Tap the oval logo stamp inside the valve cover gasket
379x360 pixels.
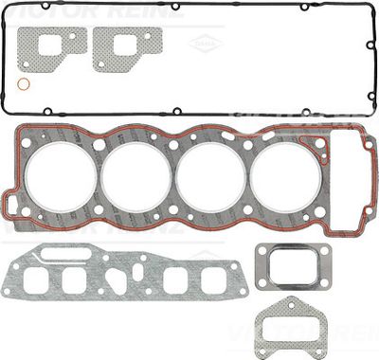200,43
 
